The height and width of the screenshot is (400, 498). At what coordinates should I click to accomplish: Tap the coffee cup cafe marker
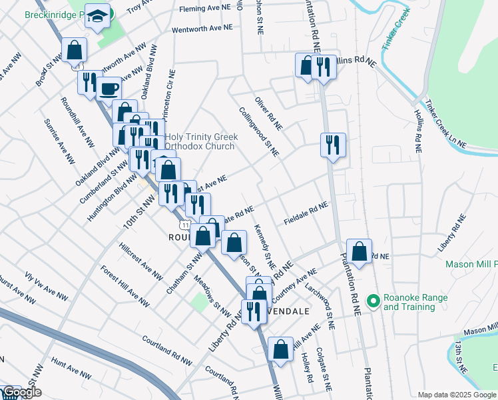(109, 88)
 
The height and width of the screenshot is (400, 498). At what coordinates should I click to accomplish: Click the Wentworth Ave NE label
(202, 29)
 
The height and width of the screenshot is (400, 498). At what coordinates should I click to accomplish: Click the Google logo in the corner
(22, 393)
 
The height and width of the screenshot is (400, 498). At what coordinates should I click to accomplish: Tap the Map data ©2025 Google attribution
(457, 395)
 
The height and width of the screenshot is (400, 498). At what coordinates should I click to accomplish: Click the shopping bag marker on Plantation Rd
(359, 252)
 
